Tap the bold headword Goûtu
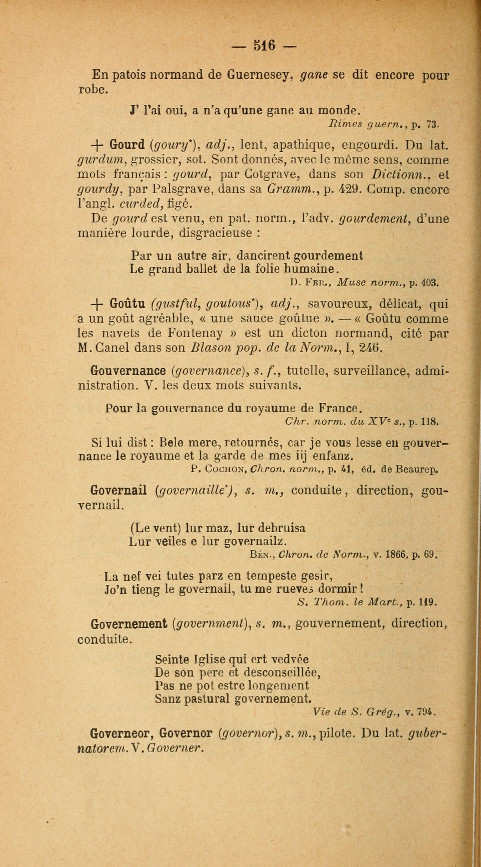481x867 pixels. [x=127, y=304]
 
